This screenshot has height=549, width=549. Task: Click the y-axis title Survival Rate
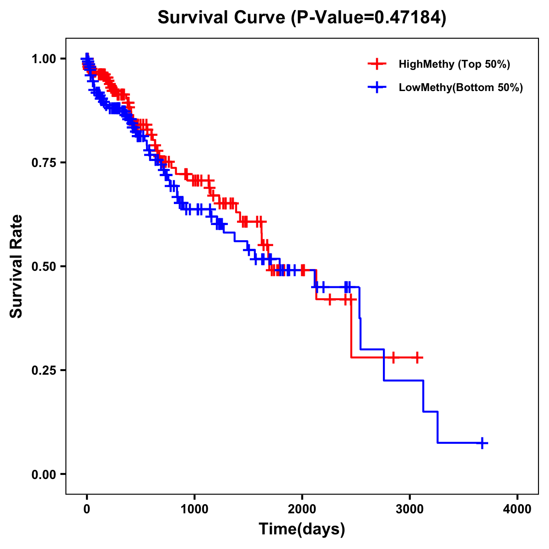pyautogui.click(x=16, y=266)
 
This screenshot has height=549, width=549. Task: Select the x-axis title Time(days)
pyautogui.click(x=302, y=529)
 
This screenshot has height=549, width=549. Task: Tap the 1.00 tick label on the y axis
pyautogui.click(x=43, y=59)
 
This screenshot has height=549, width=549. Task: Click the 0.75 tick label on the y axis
pyautogui.click(x=43, y=162)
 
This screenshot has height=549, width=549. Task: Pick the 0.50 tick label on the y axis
pyautogui.click(x=43, y=266)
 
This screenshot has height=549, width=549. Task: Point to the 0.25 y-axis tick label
pyautogui.click(x=43, y=370)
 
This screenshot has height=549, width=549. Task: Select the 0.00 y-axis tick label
pyautogui.click(x=43, y=474)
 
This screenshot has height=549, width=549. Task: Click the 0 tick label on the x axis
pyautogui.click(x=86, y=509)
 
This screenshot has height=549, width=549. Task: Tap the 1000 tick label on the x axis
pyautogui.click(x=194, y=509)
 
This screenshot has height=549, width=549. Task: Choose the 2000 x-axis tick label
pyautogui.click(x=302, y=509)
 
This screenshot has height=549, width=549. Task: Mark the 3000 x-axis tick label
pyautogui.click(x=410, y=509)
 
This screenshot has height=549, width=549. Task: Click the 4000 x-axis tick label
pyautogui.click(x=517, y=509)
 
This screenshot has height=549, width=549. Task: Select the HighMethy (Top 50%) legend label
pyautogui.click(x=454, y=64)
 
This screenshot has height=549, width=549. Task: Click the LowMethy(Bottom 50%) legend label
pyautogui.click(x=461, y=87)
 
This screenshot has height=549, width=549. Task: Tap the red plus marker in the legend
pyautogui.click(x=377, y=64)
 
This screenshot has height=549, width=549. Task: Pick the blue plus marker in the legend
pyautogui.click(x=377, y=87)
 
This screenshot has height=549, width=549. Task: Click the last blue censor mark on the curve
pyautogui.click(x=482, y=443)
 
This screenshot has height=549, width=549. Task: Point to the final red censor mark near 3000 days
pyautogui.click(x=417, y=357)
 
